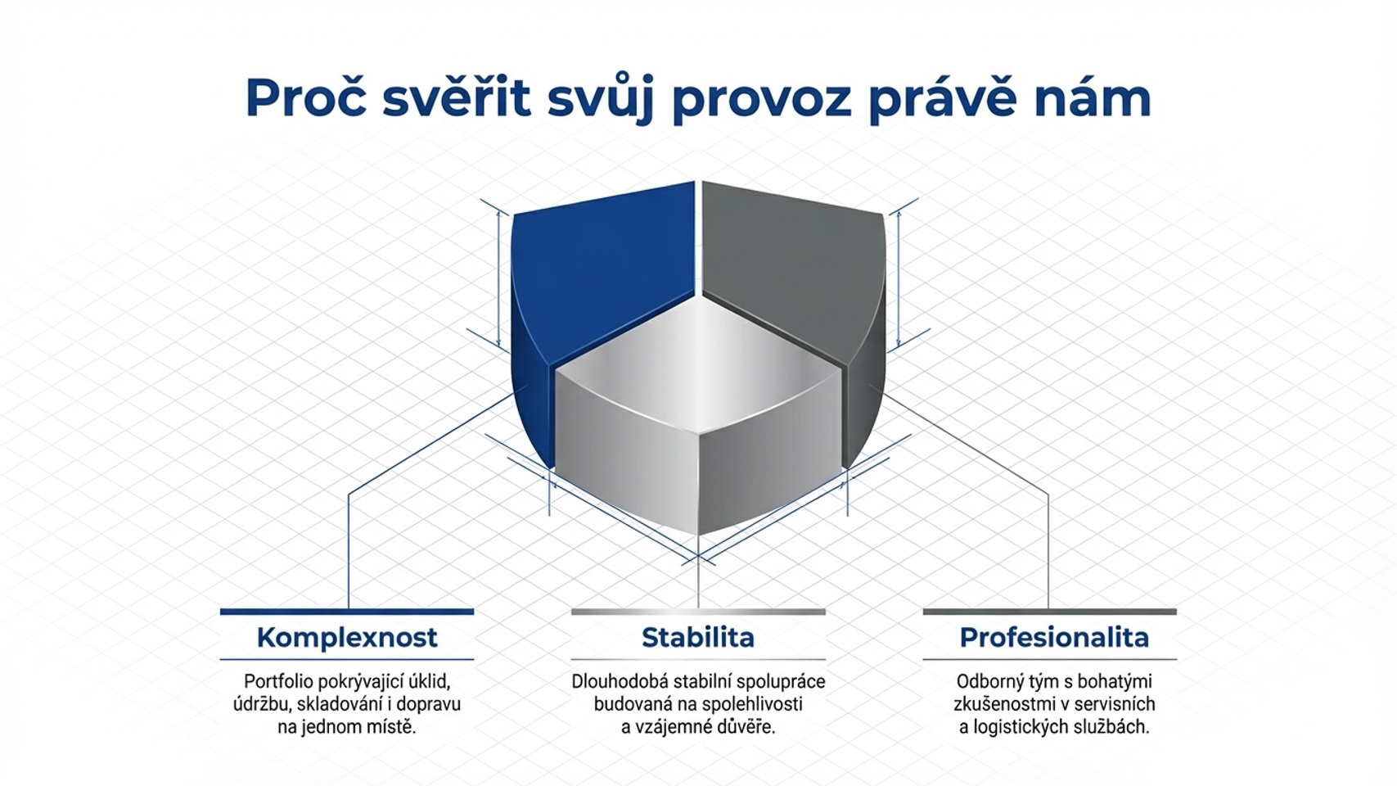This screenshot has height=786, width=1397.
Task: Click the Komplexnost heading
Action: click(x=347, y=637)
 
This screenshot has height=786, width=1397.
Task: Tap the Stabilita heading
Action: click(x=698, y=637)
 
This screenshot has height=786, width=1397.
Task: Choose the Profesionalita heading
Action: click(x=1054, y=637)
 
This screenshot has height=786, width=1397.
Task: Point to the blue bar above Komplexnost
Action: click(x=347, y=612)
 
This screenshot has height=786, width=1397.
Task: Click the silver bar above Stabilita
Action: click(x=698, y=612)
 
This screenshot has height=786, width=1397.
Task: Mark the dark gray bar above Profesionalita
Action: click(x=1049, y=612)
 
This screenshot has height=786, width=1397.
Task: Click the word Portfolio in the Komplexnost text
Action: click(x=277, y=681)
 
